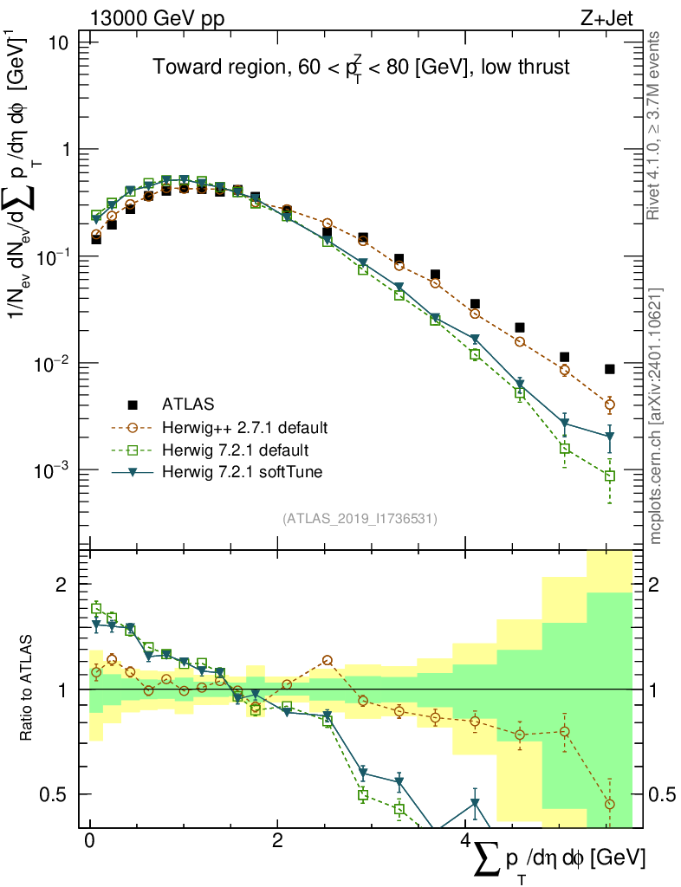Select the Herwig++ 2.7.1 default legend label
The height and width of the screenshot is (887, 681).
[245, 427]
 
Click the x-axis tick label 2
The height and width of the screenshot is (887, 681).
[276, 841]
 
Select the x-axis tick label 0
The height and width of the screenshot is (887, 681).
[89, 841]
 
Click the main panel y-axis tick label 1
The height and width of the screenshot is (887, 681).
[74, 150]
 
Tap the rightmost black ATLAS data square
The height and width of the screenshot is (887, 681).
[610, 369]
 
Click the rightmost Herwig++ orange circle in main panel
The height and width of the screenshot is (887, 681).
[610, 405]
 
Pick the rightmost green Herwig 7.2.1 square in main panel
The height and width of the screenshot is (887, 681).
[610, 476]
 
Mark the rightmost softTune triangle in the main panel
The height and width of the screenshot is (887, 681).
[610, 437]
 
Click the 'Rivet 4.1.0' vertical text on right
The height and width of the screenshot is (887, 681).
[654, 126]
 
